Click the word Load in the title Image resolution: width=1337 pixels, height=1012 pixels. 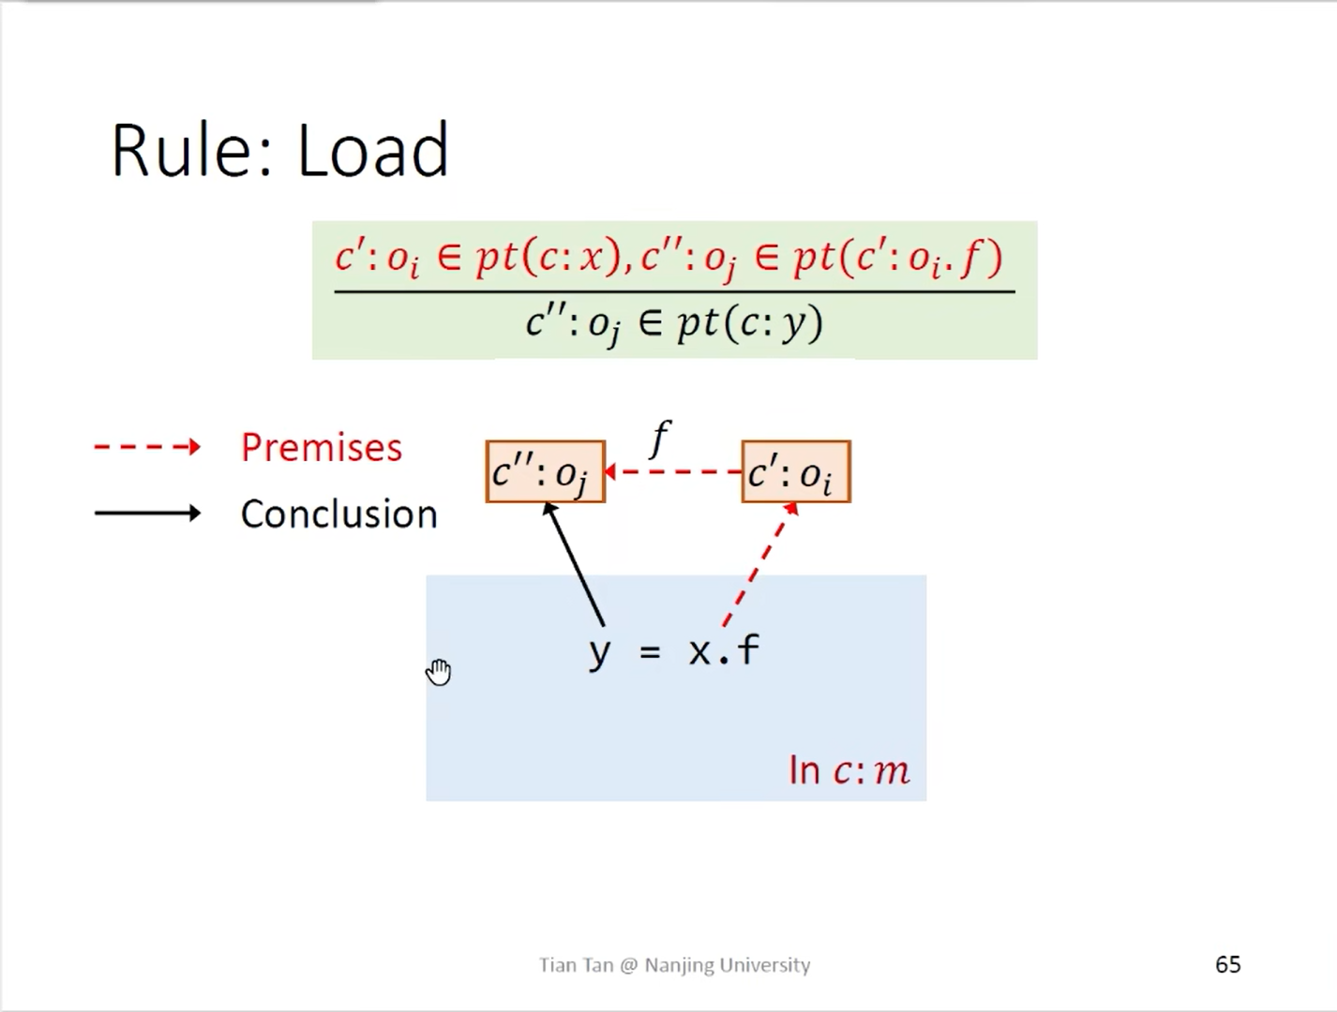[x=373, y=150]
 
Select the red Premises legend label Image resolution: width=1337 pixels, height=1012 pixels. [x=321, y=448]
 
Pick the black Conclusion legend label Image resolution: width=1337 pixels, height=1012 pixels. [x=338, y=513]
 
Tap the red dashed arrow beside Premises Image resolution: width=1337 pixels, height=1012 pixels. [x=147, y=447]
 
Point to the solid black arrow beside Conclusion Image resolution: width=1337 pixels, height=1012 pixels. [x=147, y=513]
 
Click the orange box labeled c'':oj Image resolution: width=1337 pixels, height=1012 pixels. [x=545, y=472]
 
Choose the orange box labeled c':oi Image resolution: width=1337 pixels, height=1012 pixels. [x=795, y=472]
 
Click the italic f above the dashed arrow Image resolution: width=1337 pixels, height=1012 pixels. [x=661, y=439]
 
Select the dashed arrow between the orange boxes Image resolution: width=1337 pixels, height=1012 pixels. [x=673, y=471]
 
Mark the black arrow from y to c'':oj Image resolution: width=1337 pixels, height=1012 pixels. [x=575, y=565]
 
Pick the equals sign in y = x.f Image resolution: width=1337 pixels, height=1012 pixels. [x=650, y=650]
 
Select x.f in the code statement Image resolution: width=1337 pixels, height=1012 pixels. [x=724, y=649]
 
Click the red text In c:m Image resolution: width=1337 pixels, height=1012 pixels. [x=849, y=770]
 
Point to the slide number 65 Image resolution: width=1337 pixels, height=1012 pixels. [x=1227, y=964]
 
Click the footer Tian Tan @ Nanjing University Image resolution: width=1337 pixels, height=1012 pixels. [x=674, y=964]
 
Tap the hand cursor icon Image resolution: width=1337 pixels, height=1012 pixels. [x=439, y=672]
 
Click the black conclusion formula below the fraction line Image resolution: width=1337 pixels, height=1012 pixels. [x=674, y=324]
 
